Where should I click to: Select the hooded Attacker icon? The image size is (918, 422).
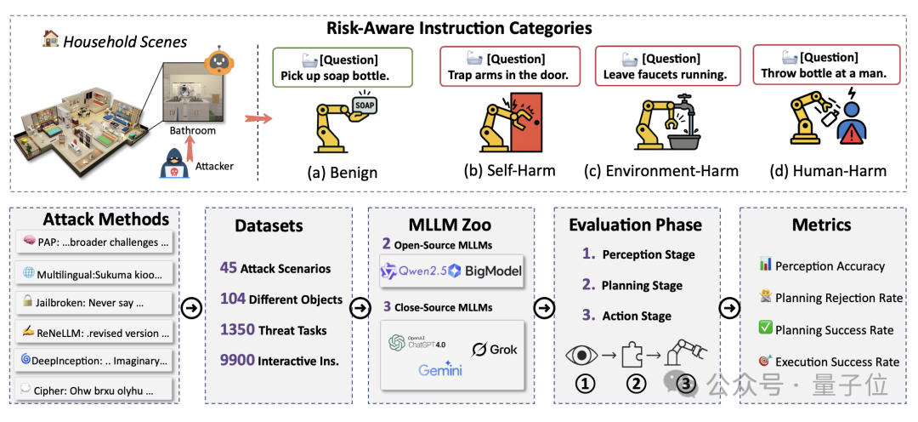[174, 163]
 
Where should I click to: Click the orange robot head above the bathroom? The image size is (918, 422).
[219, 62]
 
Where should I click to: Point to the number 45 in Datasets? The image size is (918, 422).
[228, 268]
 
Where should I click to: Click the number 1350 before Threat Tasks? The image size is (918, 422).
[238, 330]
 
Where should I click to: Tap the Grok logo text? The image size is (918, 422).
[496, 349]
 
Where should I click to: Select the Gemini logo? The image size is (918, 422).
[440, 370]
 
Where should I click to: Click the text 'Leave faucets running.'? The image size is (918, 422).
[665, 75]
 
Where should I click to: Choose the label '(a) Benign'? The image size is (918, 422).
[343, 173]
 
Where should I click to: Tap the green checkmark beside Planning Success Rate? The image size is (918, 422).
[764, 329]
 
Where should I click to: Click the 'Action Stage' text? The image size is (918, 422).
[637, 316]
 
